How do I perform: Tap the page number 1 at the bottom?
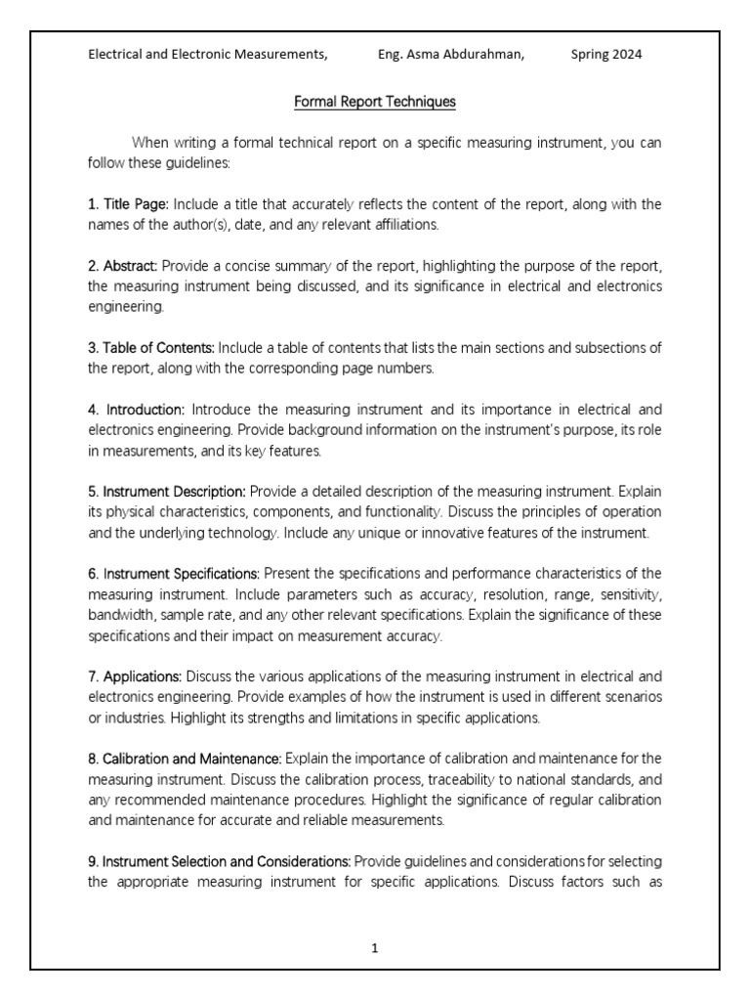point(375,947)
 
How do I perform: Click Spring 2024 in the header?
point(606,55)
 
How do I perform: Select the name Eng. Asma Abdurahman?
point(450,55)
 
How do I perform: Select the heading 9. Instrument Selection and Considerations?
point(220,860)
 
